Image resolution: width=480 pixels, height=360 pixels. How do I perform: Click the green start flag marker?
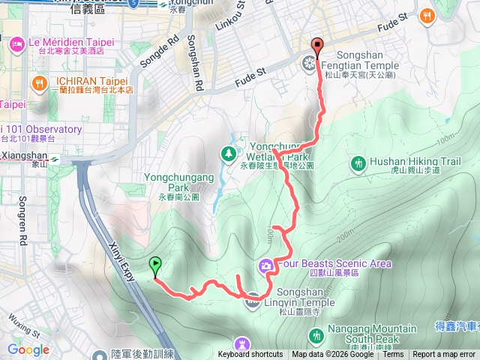pyautogui.click(x=155, y=265)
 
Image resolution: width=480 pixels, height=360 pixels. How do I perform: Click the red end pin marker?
pyautogui.click(x=317, y=47)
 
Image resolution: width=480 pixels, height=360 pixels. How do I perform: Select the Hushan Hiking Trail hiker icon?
pyautogui.click(x=359, y=162)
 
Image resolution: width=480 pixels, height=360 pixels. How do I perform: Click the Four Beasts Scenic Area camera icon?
pyautogui.click(x=266, y=265)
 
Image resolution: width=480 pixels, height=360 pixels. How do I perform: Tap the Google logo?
pyautogui.click(x=28, y=349)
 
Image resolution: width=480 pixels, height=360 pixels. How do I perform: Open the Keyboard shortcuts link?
pyautogui.click(x=250, y=355)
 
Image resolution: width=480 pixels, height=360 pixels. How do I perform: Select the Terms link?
pyautogui.click(x=393, y=355)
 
